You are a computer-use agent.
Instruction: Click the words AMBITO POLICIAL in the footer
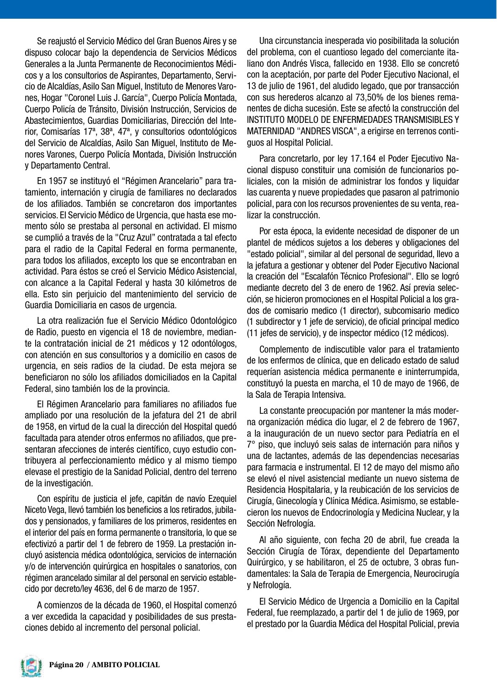tap(126, 665)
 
